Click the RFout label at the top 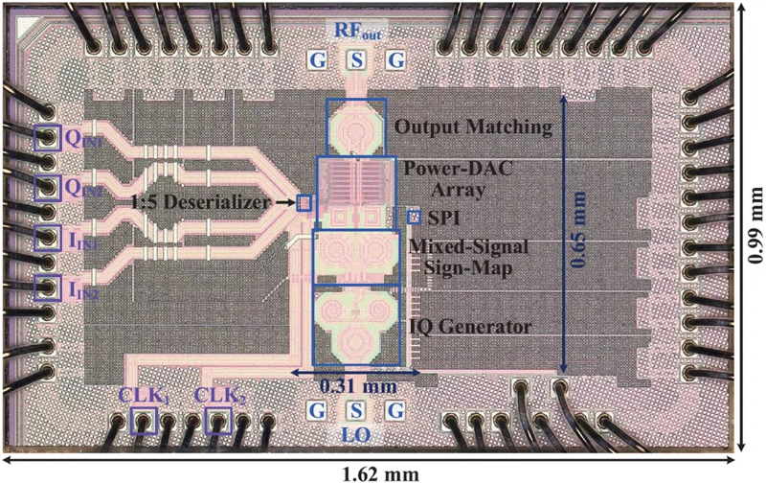pyautogui.click(x=357, y=31)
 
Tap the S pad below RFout pyautogui.click(x=357, y=60)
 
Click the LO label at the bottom pyautogui.click(x=355, y=436)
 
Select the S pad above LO pyautogui.click(x=356, y=410)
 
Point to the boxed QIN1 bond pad pyautogui.click(x=48, y=138)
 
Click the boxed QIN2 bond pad pyautogui.click(x=48, y=188)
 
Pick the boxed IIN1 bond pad pyautogui.click(x=48, y=238)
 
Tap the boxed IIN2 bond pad pyautogui.click(x=48, y=287)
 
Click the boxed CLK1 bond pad pyautogui.click(x=144, y=421)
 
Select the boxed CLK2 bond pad pyautogui.click(x=218, y=421)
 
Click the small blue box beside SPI pyautogui.click(x=415, y=217)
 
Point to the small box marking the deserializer pyautogui.click(x=304, y=203)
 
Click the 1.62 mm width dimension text pyautogui.click(x=381, y=473)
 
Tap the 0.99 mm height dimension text pyautogui.click(x=755, y=225)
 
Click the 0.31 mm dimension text pyautogui.click(x=358, y=387)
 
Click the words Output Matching pyautogui.click(x=473, y=127)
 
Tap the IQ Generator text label pyautogui.click(x=468, y=327)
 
